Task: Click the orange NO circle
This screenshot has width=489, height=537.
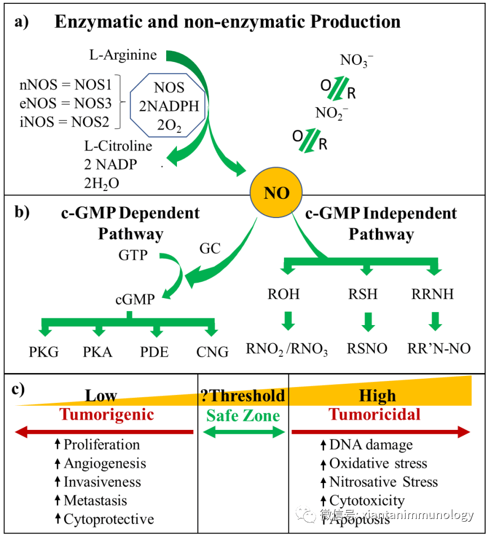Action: (x=277, y=193)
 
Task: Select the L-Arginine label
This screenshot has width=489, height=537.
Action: (x=123, y=55)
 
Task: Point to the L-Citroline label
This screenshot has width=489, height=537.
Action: (x=118, y=147)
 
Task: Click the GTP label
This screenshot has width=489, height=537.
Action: (x=133, y=255)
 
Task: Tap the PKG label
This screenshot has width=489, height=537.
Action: (x=44, y=352)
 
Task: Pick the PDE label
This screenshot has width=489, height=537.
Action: (x=154, y=352)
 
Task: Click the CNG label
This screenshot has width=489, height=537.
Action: (x=212, y=352)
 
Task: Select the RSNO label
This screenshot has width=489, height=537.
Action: (x=367, y=349)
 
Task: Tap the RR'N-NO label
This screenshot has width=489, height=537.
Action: (x=439, y=349)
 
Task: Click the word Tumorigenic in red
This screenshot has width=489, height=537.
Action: (x=106, y=414)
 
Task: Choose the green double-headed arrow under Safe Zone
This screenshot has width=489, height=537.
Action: (x=243, y=432)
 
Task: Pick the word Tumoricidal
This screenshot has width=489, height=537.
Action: (x=375, y=414)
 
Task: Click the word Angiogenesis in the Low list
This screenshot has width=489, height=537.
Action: (x=105, y=463)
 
